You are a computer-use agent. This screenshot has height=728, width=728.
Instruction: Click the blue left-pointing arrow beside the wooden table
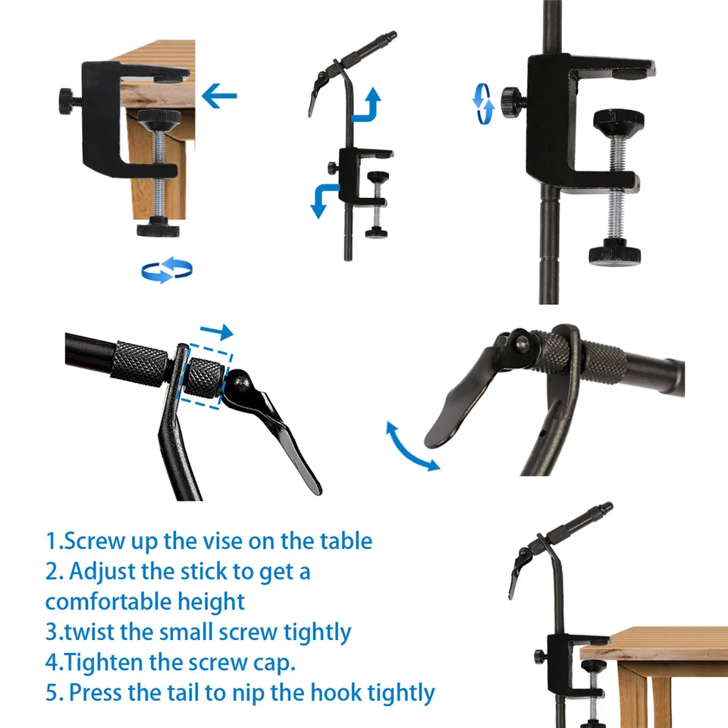coord(219,96)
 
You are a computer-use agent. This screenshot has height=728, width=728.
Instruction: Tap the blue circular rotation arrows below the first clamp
coord(167,270)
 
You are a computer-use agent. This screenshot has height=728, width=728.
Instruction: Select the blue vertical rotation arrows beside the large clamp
coord(483,104)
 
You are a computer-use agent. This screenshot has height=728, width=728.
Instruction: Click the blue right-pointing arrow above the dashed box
coord(216,331)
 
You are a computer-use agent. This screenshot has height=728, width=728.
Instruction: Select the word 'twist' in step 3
coord(89,632)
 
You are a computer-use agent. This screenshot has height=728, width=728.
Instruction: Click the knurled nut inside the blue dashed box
coord(204,377)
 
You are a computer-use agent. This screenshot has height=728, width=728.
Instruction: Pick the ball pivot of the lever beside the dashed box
coord(241,384)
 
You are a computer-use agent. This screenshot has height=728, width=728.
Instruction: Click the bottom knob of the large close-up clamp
coord(615,253)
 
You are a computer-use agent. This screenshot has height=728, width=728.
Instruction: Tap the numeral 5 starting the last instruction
coord(52,692)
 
